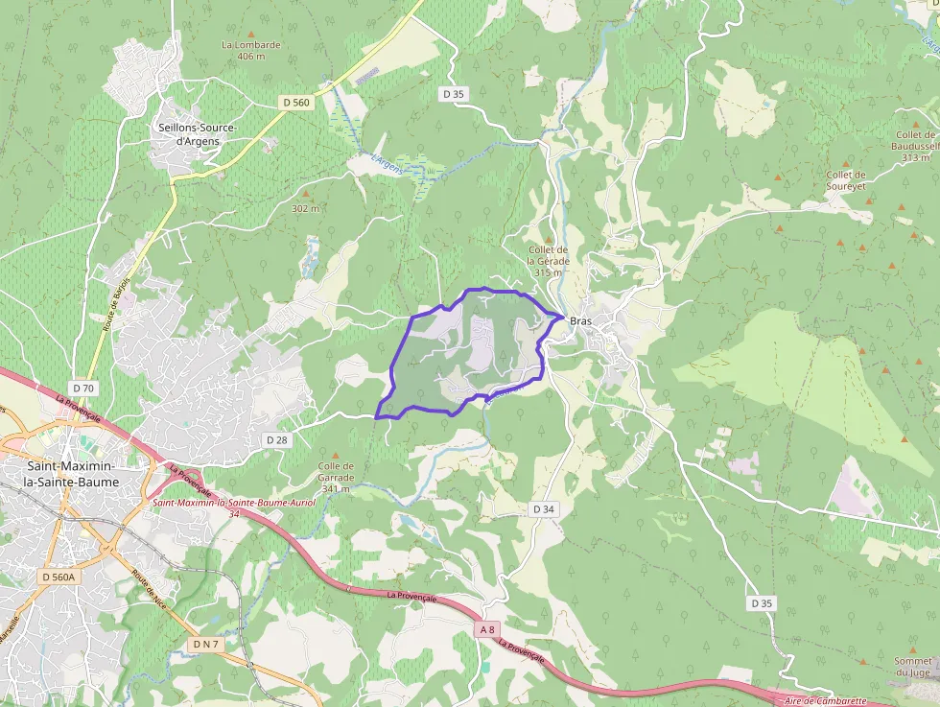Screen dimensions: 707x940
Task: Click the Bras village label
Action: pyautogui.click(x=580, y=322)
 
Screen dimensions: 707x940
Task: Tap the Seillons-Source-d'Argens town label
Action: pyautogui.click(x=196, y=134)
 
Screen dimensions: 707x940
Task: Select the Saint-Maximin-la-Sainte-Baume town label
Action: pyautogui.click(x=65, y=473)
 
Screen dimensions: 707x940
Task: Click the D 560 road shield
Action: pyautogui.click(x=296, y=101)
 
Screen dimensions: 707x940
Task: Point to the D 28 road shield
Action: pyautogui.click(x=276, y=439)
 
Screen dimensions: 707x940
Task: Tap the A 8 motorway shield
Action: pyautogui.click(x=487, y=629)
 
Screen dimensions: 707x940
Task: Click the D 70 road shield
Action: pyautogui.click(x=83, y=388)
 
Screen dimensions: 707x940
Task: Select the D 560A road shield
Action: pyautogui.click(x=59, y=577)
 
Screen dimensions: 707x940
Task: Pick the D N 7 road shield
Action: pyautogui.click(x=206, y=644)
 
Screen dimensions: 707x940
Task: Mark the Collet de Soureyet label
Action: pyautogui.click(x=846, y=180)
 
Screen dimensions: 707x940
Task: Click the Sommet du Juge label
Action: pyautogui.click(x=913, y=666)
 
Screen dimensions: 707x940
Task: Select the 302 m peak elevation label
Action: pyautogui.click(x=305, y=208)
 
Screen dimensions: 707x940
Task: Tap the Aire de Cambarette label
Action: pyautogui.click(x=826, y=701)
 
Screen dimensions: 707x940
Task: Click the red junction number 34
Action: pyautogui.click(x=234, y=513)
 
